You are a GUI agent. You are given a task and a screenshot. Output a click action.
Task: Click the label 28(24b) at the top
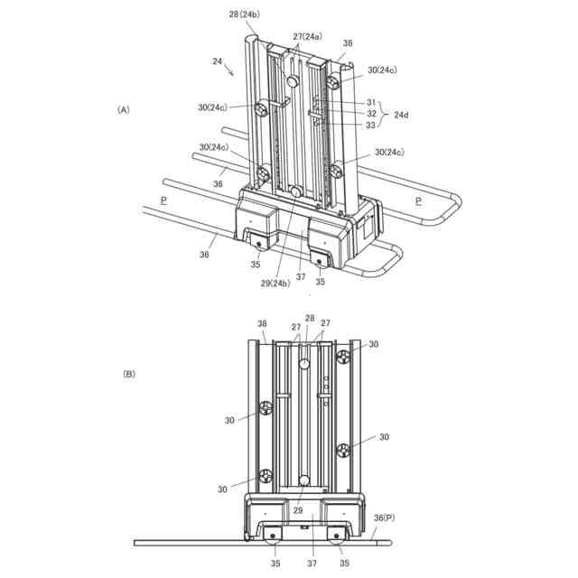(x=245, y=14)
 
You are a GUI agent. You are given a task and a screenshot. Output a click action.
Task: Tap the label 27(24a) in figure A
(x=308, y=36)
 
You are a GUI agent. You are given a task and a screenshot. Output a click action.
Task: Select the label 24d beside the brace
(x=401, y=115)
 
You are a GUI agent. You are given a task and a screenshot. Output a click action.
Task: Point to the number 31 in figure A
(x=371, y=102)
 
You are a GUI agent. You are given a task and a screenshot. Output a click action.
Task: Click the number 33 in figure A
(x=370, y=126)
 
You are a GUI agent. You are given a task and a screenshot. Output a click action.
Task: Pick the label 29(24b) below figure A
(x=275, y=283)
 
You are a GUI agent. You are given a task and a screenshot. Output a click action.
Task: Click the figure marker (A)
(x=124, y=110)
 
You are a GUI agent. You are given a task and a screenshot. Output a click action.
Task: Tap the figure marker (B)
(x=129, y=374)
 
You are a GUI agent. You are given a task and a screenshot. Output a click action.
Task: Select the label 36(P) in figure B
(x=384, y=517)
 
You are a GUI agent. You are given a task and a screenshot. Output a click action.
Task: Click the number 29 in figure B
(x=298, y=510)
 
